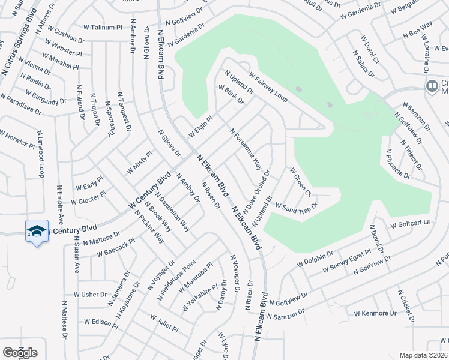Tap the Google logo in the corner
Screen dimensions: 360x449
[x=20, y=352]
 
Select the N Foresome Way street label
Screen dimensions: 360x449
[x=246, y=148]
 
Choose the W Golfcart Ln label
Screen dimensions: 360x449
[x=411, y=224]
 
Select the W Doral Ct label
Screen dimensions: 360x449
[x=370, y=49]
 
